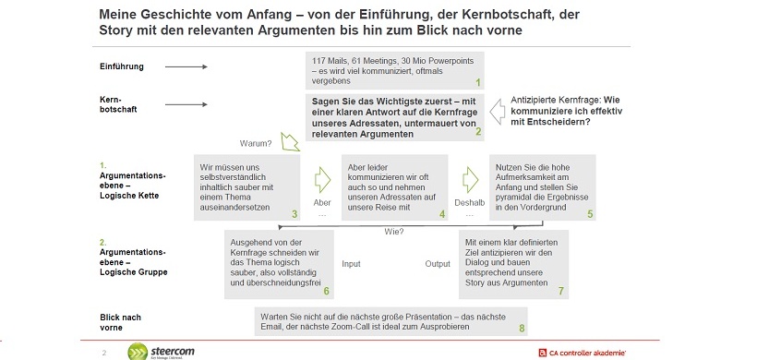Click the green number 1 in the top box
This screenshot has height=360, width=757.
478,82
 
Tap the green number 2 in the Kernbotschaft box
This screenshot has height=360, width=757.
478,132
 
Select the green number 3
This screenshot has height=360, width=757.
294,214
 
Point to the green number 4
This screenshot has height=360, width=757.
442,214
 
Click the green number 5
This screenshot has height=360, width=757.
590,214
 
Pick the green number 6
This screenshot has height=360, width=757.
327,291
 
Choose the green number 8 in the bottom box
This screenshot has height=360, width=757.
522,328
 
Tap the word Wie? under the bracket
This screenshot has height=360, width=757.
394,232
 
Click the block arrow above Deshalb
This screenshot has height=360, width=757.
471,177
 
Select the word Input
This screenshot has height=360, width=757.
351,263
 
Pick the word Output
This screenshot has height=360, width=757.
438,263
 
